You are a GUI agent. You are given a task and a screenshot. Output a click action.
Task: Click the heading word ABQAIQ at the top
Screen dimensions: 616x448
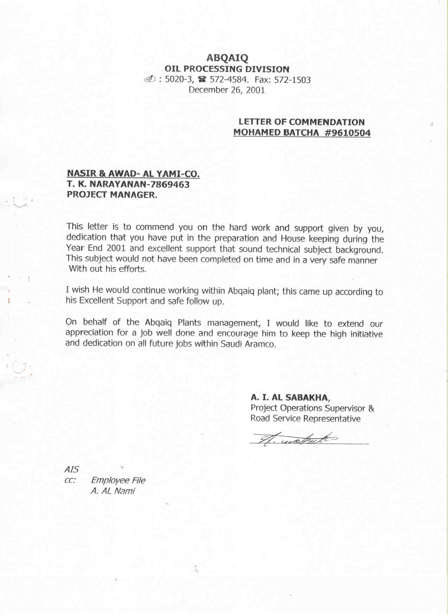[227, 58]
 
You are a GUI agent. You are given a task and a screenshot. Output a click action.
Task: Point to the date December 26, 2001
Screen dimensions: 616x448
[227, 90]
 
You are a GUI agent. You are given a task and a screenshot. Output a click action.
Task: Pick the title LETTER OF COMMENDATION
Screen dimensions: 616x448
[301, 122]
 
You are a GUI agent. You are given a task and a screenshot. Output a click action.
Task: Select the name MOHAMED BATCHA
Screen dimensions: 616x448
[276, 133]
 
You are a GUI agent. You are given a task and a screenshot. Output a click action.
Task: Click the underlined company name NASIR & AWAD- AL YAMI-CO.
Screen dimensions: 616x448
[133, 173]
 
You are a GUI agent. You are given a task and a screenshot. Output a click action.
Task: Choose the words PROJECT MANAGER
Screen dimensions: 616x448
[112, 195]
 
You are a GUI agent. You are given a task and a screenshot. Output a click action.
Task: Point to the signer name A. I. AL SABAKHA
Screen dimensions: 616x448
[290, 398]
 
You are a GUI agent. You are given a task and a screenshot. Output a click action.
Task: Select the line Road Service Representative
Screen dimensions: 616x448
[305, 419]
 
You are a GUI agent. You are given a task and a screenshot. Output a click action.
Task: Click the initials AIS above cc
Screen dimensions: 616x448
[71, 470]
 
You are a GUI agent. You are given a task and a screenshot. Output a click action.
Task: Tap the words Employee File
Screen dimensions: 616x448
[118, 480]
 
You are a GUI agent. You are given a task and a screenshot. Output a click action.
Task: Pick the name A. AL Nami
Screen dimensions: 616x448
[112, 491]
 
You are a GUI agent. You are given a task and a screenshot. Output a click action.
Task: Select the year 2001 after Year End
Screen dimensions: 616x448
[116, 248]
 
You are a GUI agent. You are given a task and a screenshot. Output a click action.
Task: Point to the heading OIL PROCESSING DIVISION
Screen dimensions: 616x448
[227, 69]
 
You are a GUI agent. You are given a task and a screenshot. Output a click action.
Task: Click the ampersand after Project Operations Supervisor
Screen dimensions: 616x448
[371, 408]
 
